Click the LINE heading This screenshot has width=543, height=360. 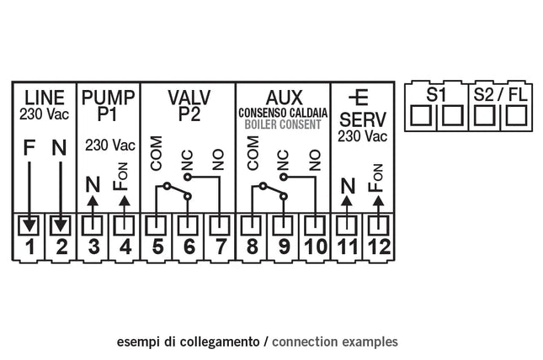(45, 96)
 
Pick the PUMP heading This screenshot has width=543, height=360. (108, 96)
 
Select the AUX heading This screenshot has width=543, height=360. (284, 96)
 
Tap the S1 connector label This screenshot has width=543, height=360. (436, 94)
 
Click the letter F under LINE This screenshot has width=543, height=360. (29, 150)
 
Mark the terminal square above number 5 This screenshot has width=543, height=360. (157, 225)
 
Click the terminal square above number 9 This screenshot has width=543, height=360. (283, 225)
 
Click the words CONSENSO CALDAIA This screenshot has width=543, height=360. (284, 113)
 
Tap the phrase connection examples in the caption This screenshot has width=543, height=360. (336, 342)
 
